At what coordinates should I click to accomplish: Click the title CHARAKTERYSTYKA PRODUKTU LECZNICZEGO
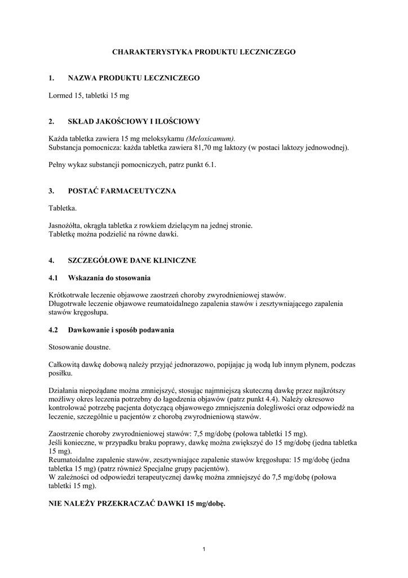coord(204,51)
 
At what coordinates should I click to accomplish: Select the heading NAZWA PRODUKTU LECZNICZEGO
coord(134,78)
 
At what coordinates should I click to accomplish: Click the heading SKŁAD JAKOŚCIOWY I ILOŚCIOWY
coord(134,121)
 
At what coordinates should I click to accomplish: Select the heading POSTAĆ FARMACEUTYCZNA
coord(122,191)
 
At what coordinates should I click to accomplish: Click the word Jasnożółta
coord(66,226)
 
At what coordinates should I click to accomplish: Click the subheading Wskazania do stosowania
coord(109,278)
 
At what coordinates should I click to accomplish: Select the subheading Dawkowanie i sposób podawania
coord(121,329)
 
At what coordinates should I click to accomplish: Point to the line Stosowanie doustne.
coord(79,347)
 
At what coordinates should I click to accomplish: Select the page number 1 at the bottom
coord(204,550)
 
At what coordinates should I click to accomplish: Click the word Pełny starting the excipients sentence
coord(59,165)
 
